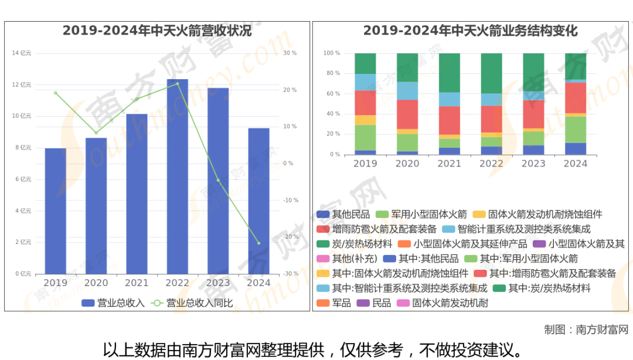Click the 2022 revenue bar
[x=177, y=176]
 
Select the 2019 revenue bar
[x=56, y=211]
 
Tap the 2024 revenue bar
[x=258, y=201]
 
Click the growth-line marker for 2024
[x=258, y=243]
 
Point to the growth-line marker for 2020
[x=96, y=133]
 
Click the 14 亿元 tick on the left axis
[x=22, y=53]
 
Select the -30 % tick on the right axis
[x=290, y=274]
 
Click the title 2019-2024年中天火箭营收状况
[x=157, y=31]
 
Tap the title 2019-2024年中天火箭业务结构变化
[x=470, y=31]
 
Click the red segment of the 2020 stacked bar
[x=407, y=114]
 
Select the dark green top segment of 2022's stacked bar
[x=491, y=73]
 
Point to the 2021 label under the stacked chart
[x=449, y=164]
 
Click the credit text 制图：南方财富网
[x=586, y=329]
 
